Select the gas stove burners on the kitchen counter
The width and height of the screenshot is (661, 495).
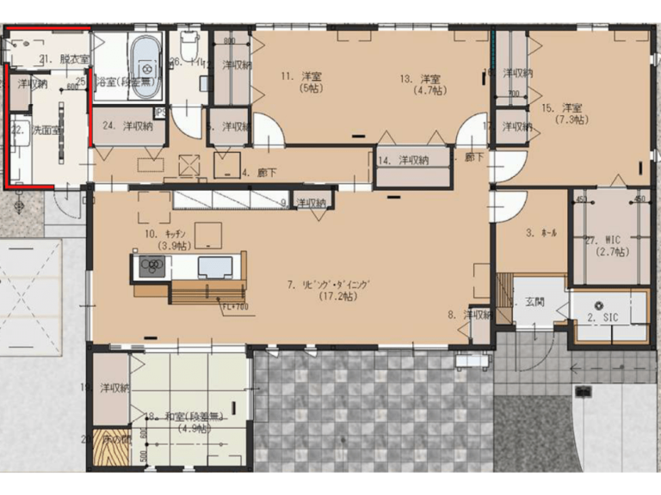pyautogui.click(x=149, y=266)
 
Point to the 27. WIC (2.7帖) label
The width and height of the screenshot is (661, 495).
pyautogui.click(x=609, y=247)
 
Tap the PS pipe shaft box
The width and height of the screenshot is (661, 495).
pyautogui.click(x=159, y=112)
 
